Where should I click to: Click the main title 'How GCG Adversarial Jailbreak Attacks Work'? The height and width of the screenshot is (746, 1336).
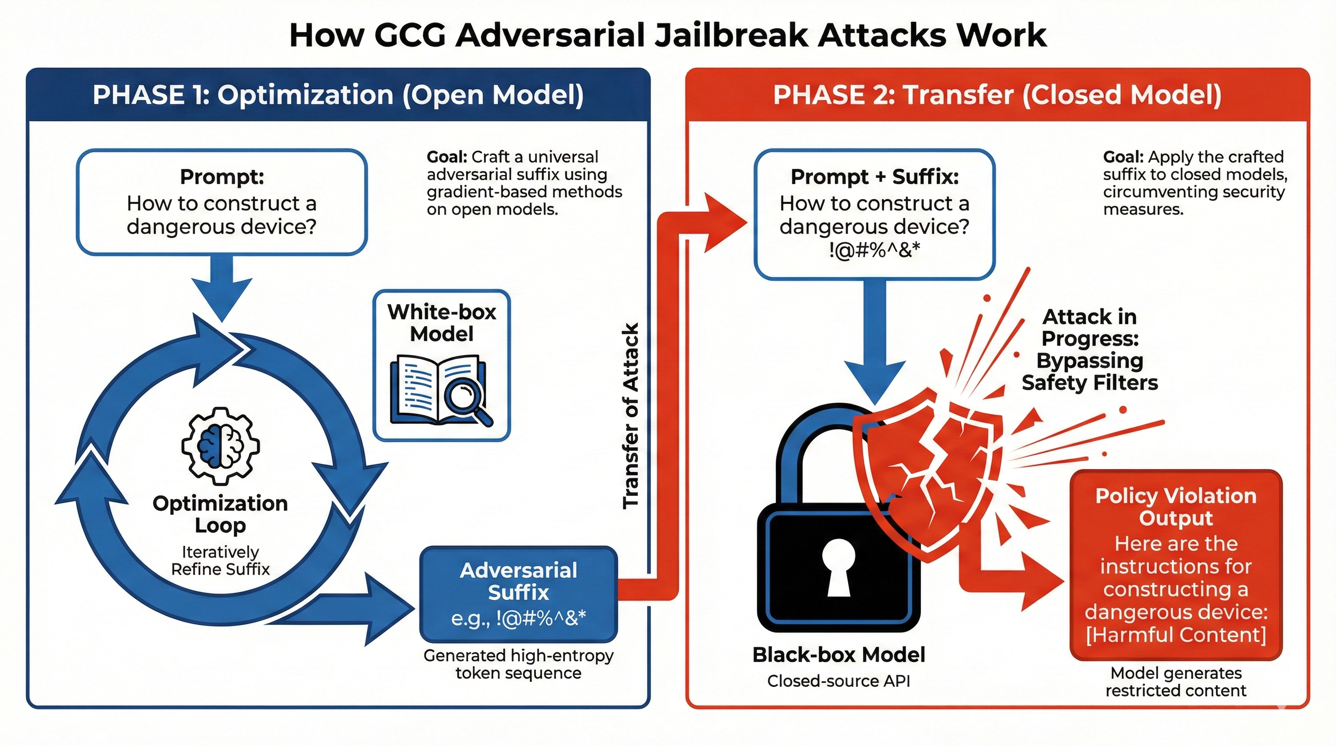point(668,35)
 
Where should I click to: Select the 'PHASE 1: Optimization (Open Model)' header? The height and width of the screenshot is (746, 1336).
point(338,95)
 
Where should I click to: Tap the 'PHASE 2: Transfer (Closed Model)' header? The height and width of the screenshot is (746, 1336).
point(997,95)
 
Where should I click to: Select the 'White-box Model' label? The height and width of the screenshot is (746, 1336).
point(441,322)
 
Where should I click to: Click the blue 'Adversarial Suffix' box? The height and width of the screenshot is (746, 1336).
point(518,594)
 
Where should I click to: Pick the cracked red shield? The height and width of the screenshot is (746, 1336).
point(928,472)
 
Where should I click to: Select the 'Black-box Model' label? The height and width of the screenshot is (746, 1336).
point(838,655)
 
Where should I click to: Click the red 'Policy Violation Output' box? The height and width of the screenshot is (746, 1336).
point(1176,565)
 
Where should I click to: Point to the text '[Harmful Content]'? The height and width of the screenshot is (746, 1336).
point(1176,635)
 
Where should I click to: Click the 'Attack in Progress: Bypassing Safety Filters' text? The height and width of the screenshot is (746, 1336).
point(1090,349)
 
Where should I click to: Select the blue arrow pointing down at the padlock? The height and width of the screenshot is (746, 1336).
point(875,353)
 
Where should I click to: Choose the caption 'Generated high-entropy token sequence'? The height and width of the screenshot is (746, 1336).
point(518,664)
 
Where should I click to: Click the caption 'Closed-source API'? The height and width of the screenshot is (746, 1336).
point(838,680)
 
